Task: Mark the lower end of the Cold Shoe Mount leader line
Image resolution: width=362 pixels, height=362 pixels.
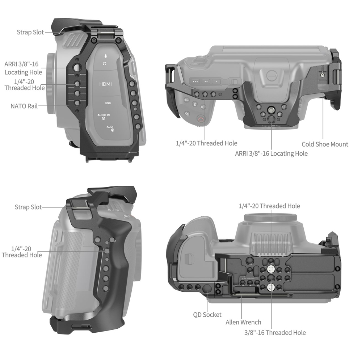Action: point(323,139)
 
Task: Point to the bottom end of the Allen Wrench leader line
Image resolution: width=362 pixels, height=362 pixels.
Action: point(241,319)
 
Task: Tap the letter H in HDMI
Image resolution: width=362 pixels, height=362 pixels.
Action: point(101,84)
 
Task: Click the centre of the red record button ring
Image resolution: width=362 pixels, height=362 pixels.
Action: point(201,119)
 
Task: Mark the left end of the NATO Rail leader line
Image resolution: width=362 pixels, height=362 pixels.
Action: point(39,106)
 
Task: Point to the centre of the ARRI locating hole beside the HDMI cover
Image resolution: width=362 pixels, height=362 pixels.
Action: point(77,68)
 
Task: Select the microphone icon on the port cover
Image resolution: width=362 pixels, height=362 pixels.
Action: point(105,56)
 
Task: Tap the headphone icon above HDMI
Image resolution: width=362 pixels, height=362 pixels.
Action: point(105,63)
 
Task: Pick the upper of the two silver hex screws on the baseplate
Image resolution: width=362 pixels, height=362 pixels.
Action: point(271,269)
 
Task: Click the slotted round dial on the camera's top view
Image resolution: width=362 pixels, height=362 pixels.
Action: point(271,75)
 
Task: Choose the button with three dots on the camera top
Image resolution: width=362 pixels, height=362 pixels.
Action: point(195,81)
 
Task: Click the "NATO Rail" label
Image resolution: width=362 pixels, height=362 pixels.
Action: point(24,106)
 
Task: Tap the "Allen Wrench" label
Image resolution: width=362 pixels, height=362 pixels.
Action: point(243,322)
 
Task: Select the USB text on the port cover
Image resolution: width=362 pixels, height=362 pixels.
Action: point(108,103)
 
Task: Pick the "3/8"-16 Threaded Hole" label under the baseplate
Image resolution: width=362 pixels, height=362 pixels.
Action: point(275,333)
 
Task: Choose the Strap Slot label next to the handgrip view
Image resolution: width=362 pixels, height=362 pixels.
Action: point(28,207)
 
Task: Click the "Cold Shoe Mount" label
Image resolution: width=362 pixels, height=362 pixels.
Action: point(325,144)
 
